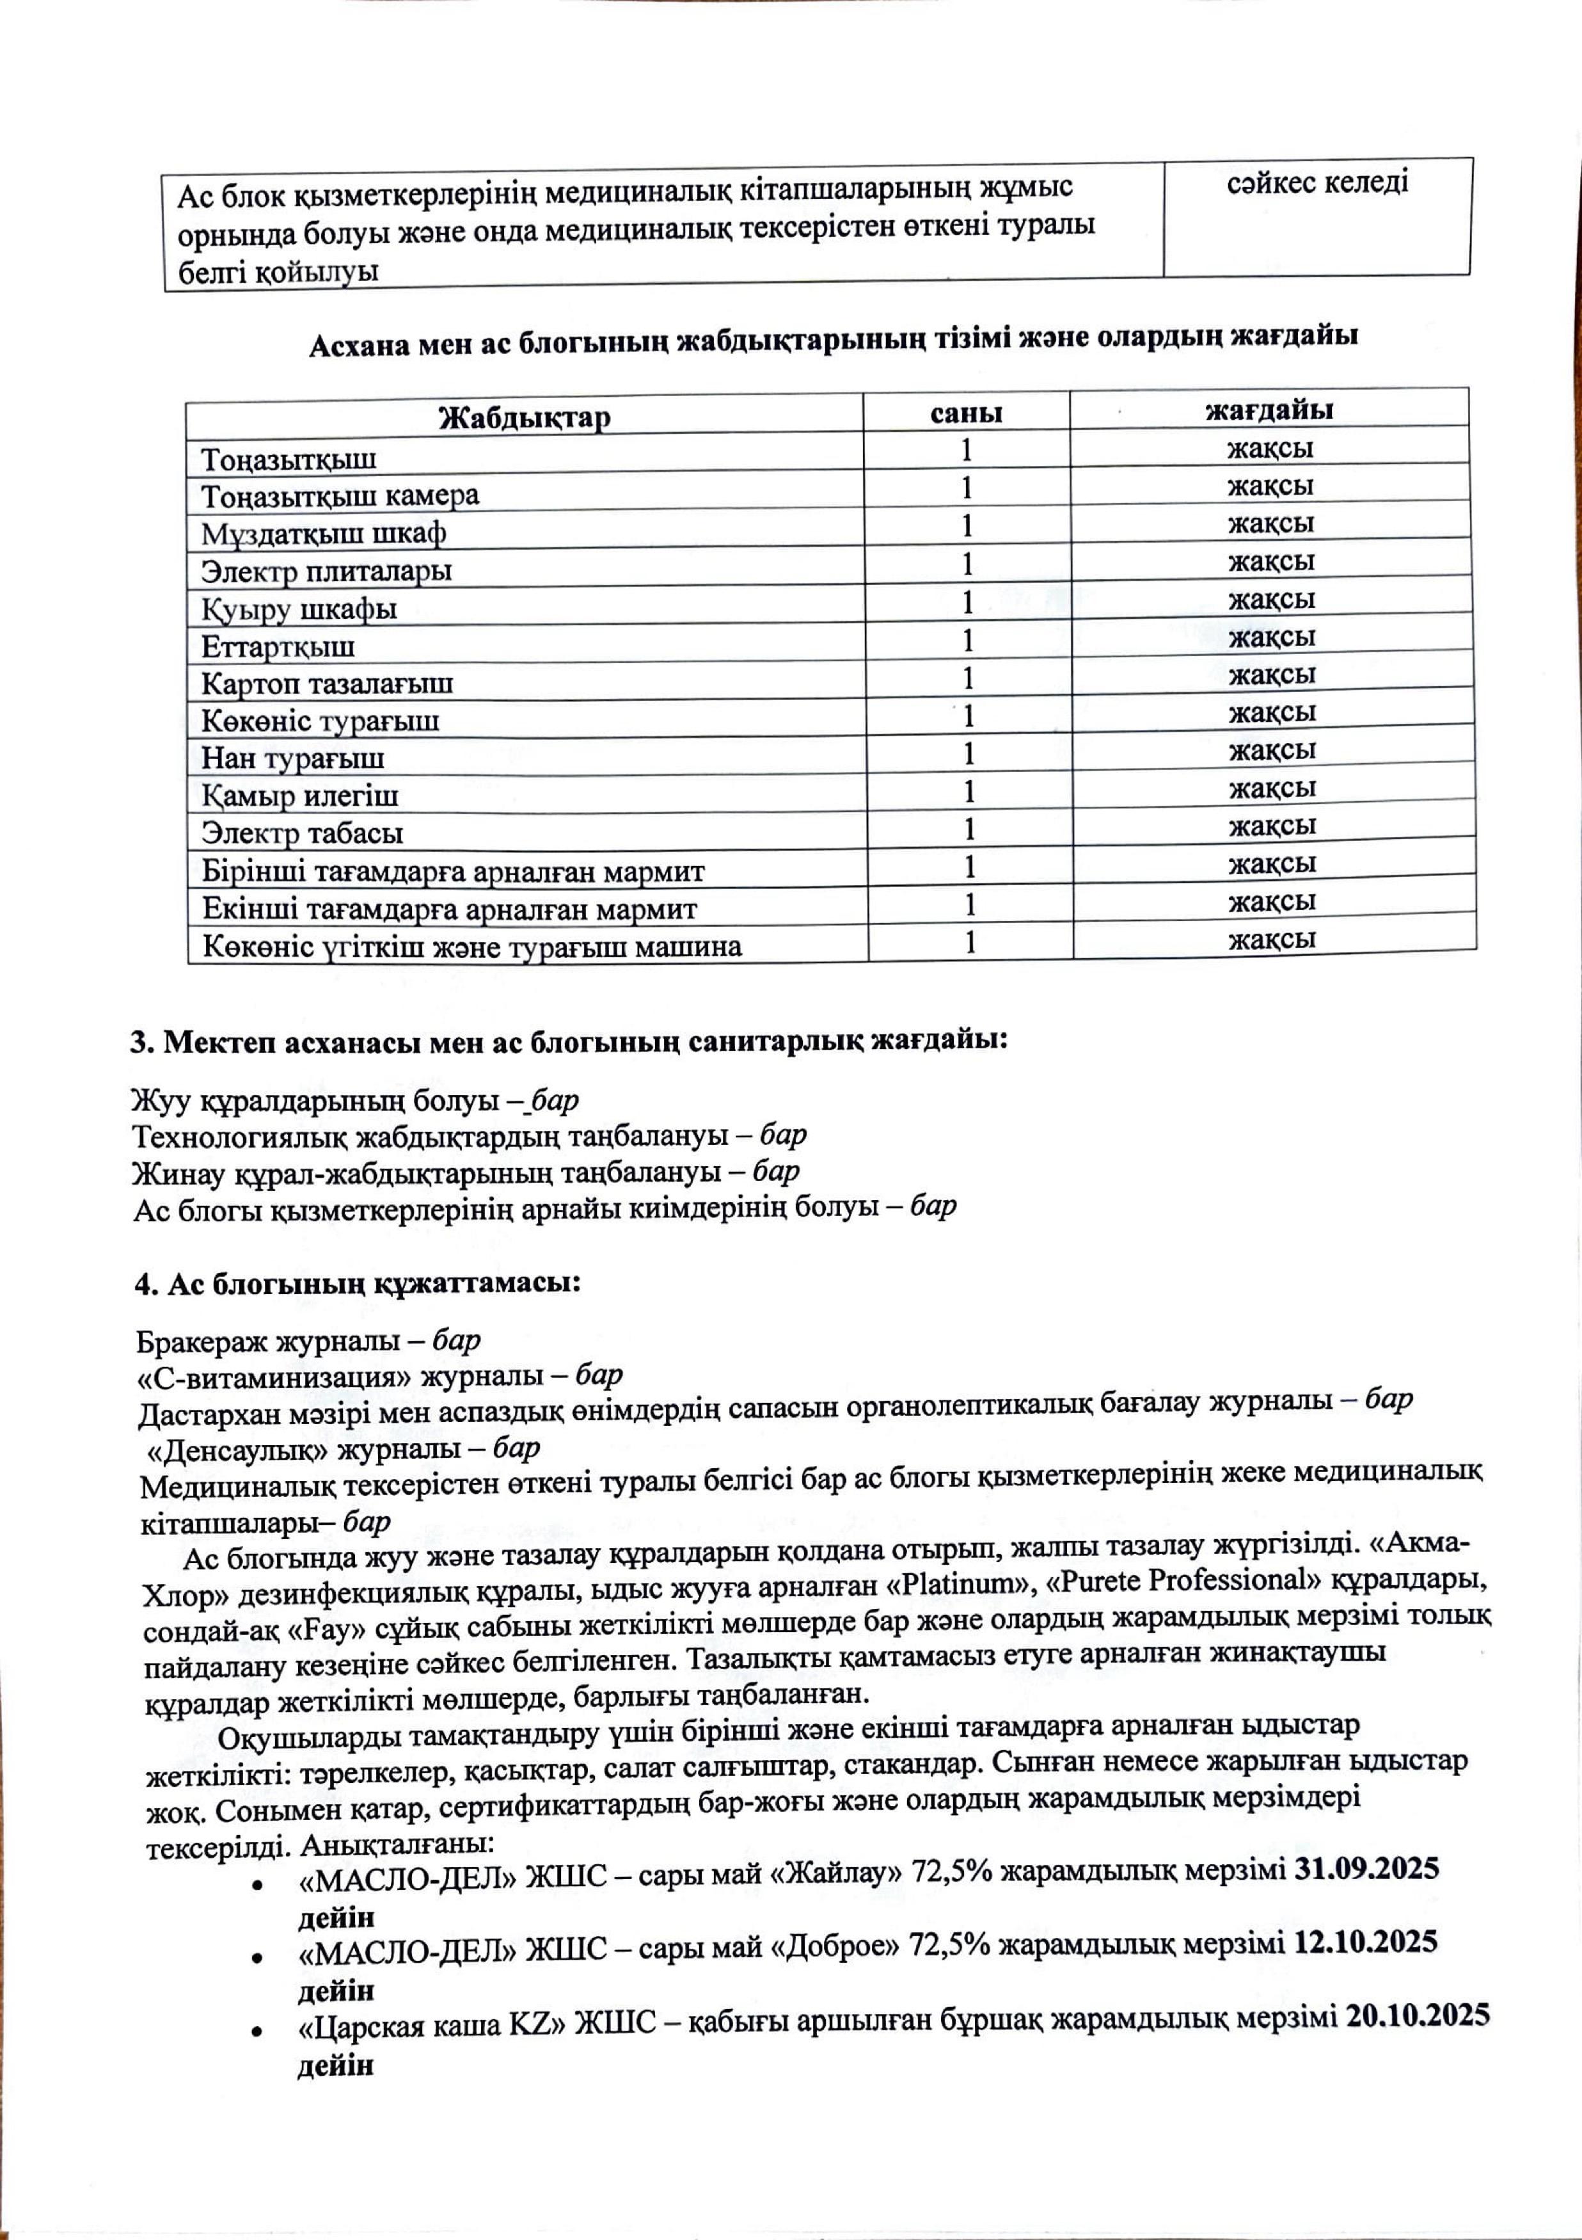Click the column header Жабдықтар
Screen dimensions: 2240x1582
click(x=525, y=417)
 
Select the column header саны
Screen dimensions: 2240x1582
click(x=965, y=413)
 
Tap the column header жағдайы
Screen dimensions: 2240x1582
click(x=1269, y=410)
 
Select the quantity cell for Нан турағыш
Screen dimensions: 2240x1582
click(x=969, y=754)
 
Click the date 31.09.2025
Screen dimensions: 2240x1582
click(x=1366, y=1868)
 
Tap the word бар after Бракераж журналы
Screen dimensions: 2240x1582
click(x=457, y=1341)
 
